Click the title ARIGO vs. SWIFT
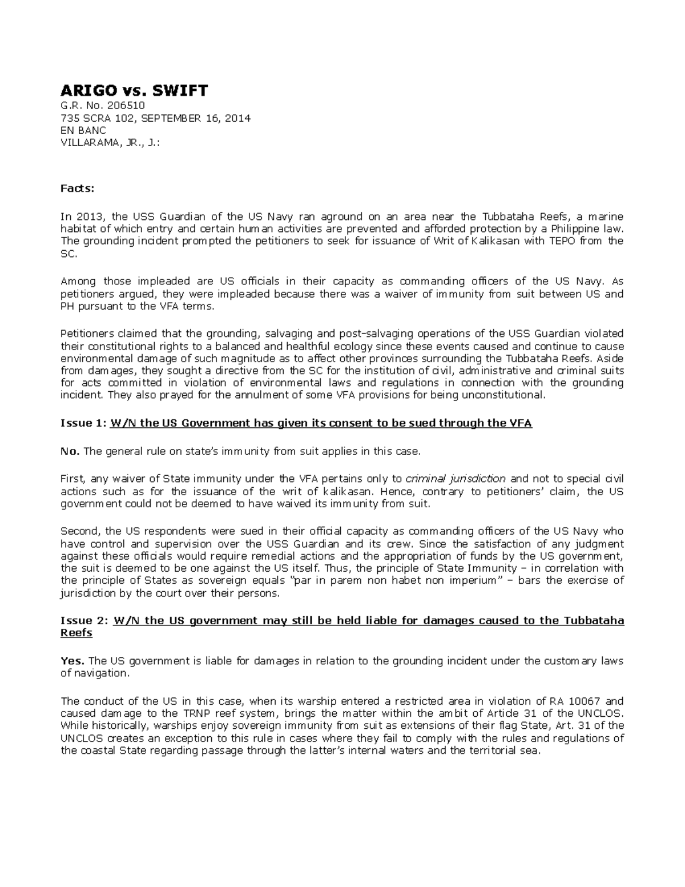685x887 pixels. point(134,90)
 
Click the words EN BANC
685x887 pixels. point(83,130)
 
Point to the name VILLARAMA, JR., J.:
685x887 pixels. point(110,143)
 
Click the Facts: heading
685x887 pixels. point(78,188)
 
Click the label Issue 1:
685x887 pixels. point(83,423)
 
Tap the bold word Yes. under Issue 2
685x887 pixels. point(72,661)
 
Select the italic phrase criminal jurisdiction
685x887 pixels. point(455,479)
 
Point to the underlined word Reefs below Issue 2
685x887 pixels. point(76,633)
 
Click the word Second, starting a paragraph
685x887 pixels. point(79,531)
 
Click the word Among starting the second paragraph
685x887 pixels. point(78,281)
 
